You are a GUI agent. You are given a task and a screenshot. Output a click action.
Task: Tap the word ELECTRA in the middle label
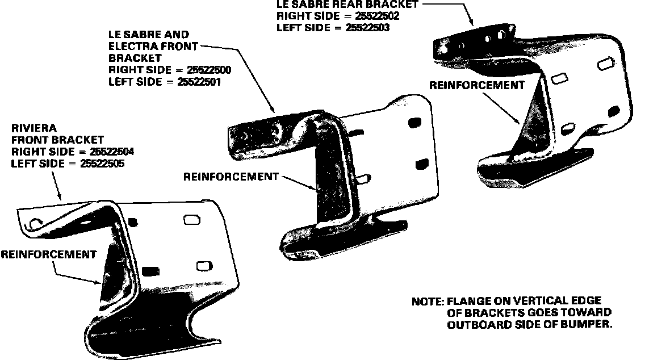(132, 46)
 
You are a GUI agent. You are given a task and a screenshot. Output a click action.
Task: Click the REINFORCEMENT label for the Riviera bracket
(48, 254)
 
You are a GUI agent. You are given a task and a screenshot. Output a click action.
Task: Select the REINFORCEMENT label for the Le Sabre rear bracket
(476, 86)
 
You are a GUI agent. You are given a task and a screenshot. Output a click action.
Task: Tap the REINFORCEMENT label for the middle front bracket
(231, 177)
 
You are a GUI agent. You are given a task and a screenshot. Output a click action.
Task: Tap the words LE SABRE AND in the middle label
(149, 35)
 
